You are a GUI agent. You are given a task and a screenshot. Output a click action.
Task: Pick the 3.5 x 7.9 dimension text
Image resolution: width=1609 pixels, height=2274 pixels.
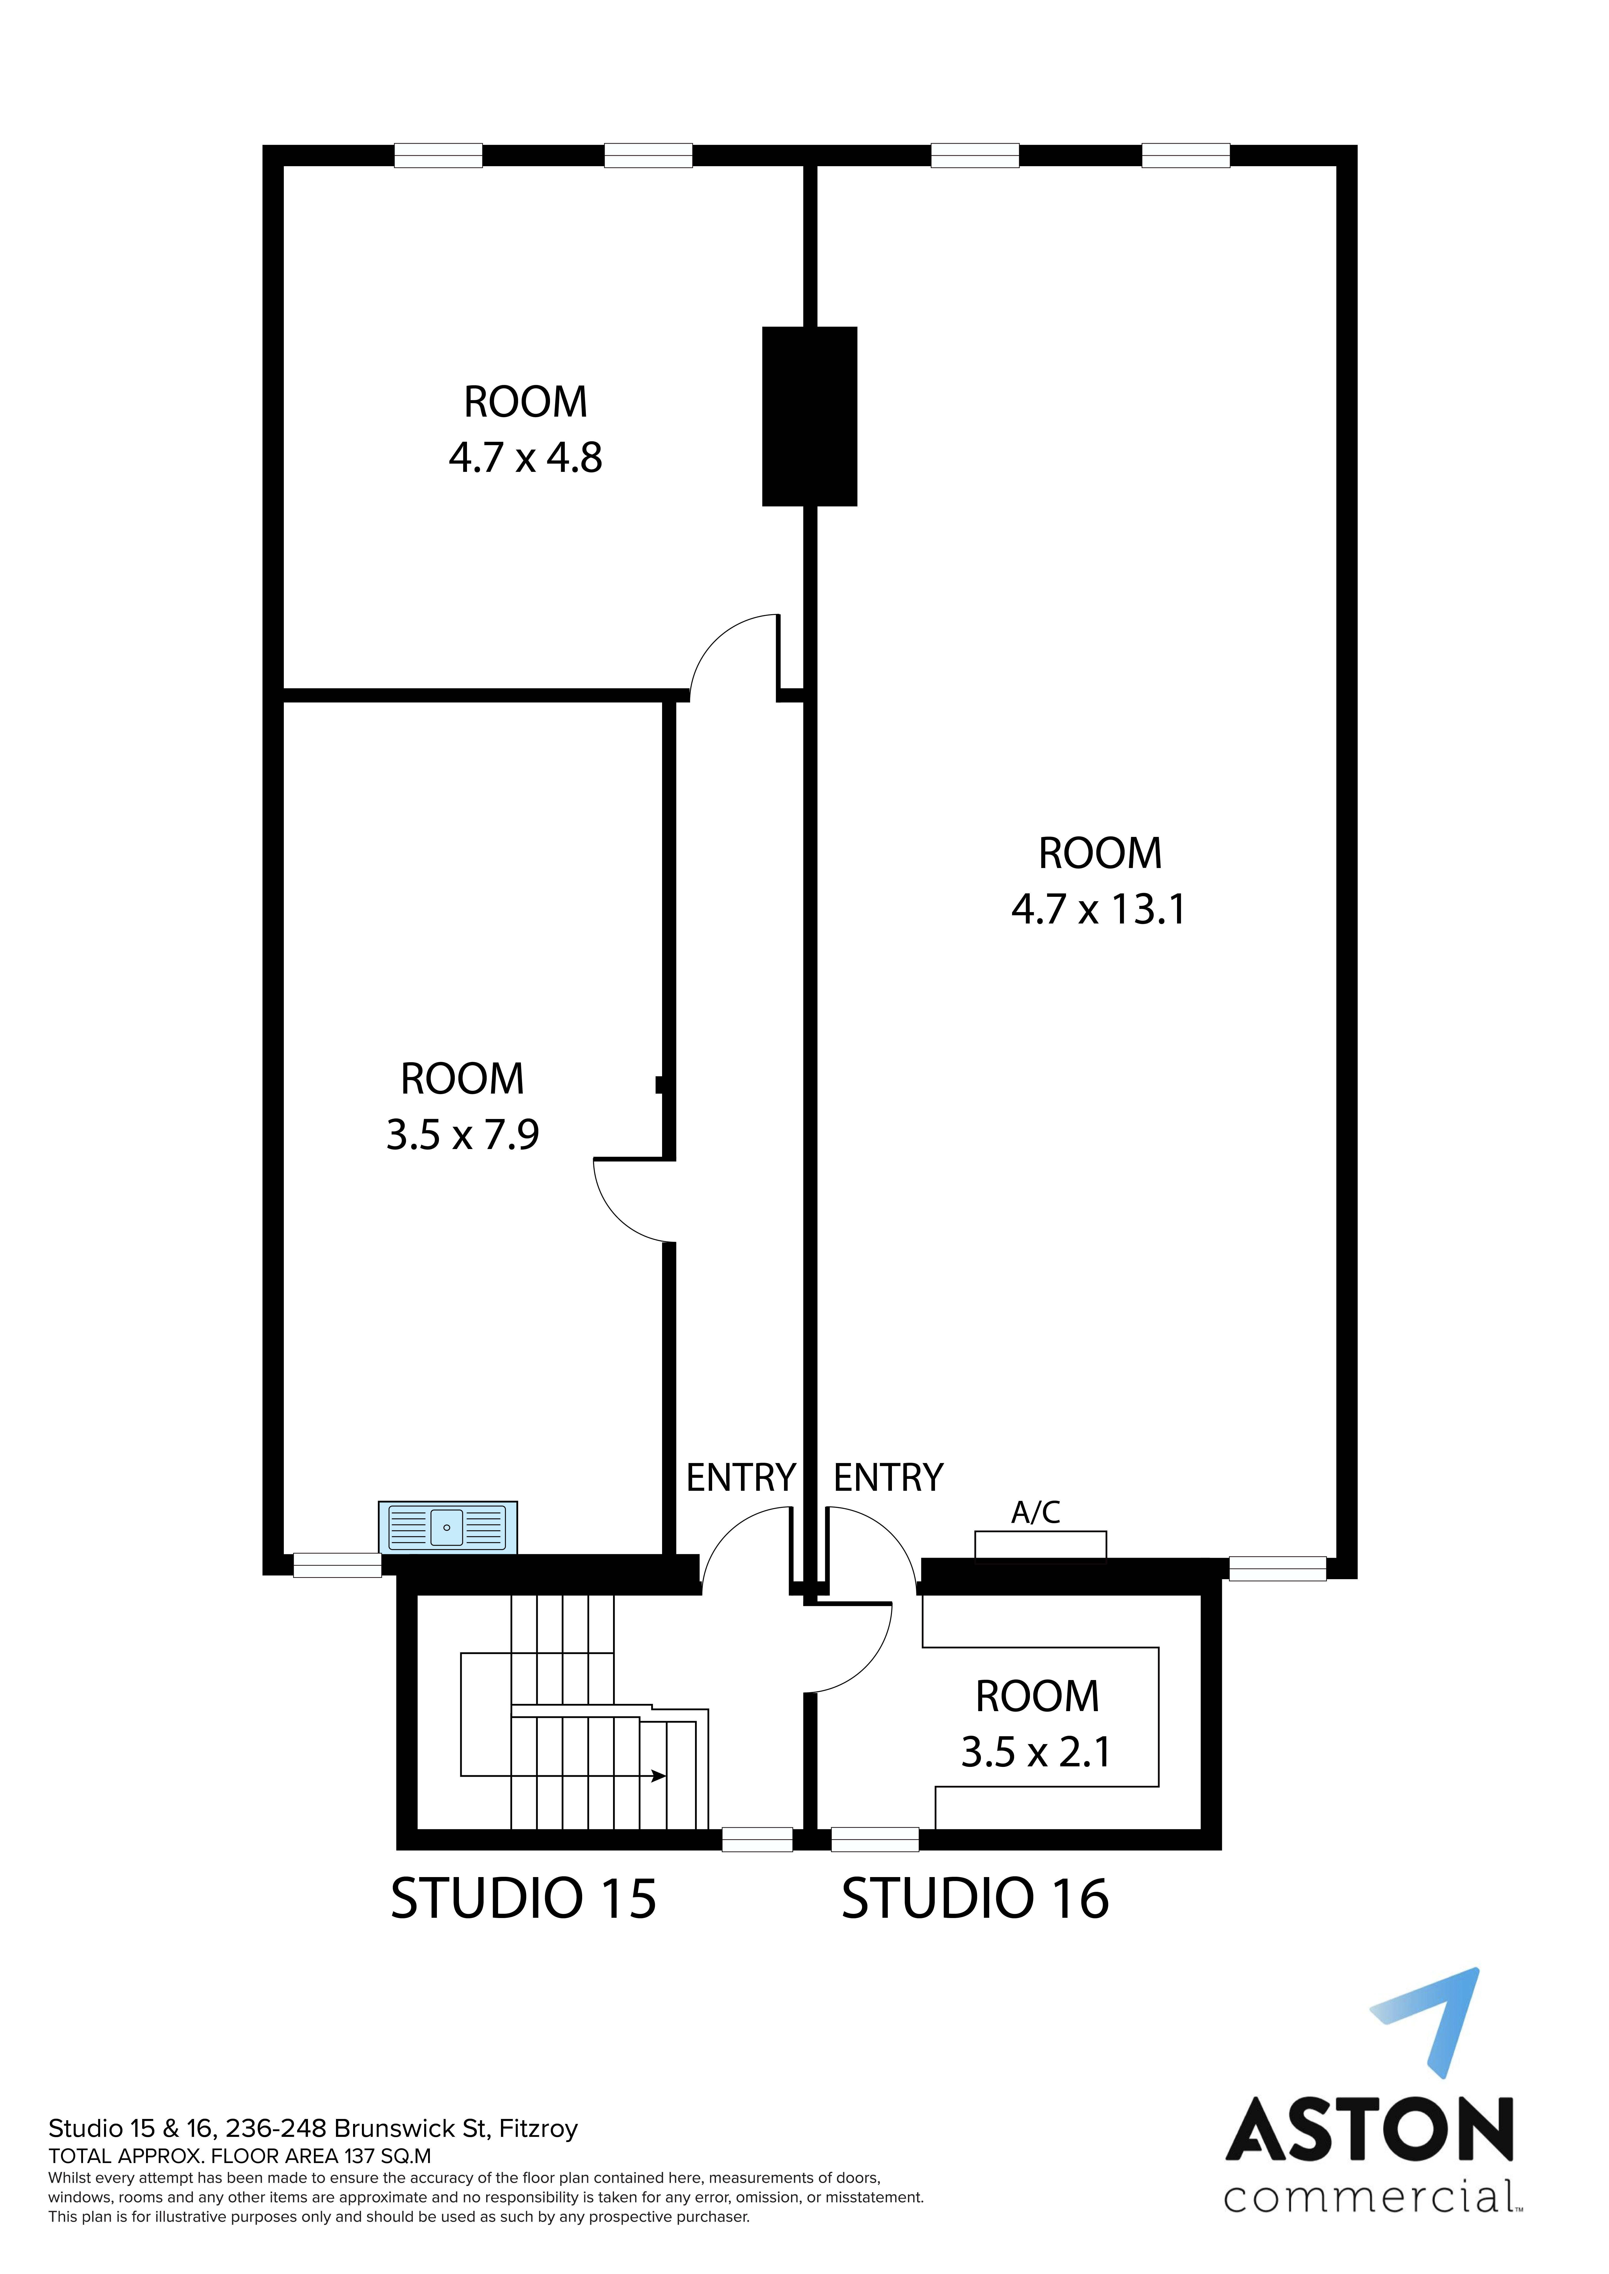tap(463, 1135)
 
